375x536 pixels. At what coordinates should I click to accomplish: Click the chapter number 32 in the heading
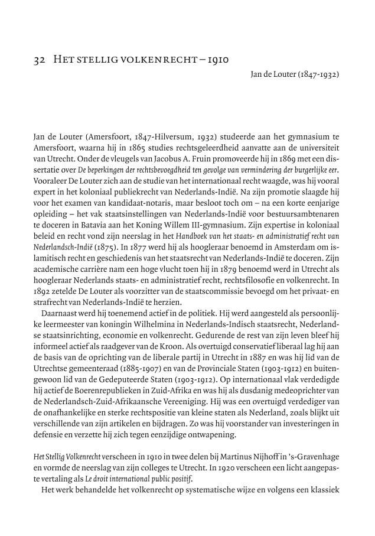coord(39,60)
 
